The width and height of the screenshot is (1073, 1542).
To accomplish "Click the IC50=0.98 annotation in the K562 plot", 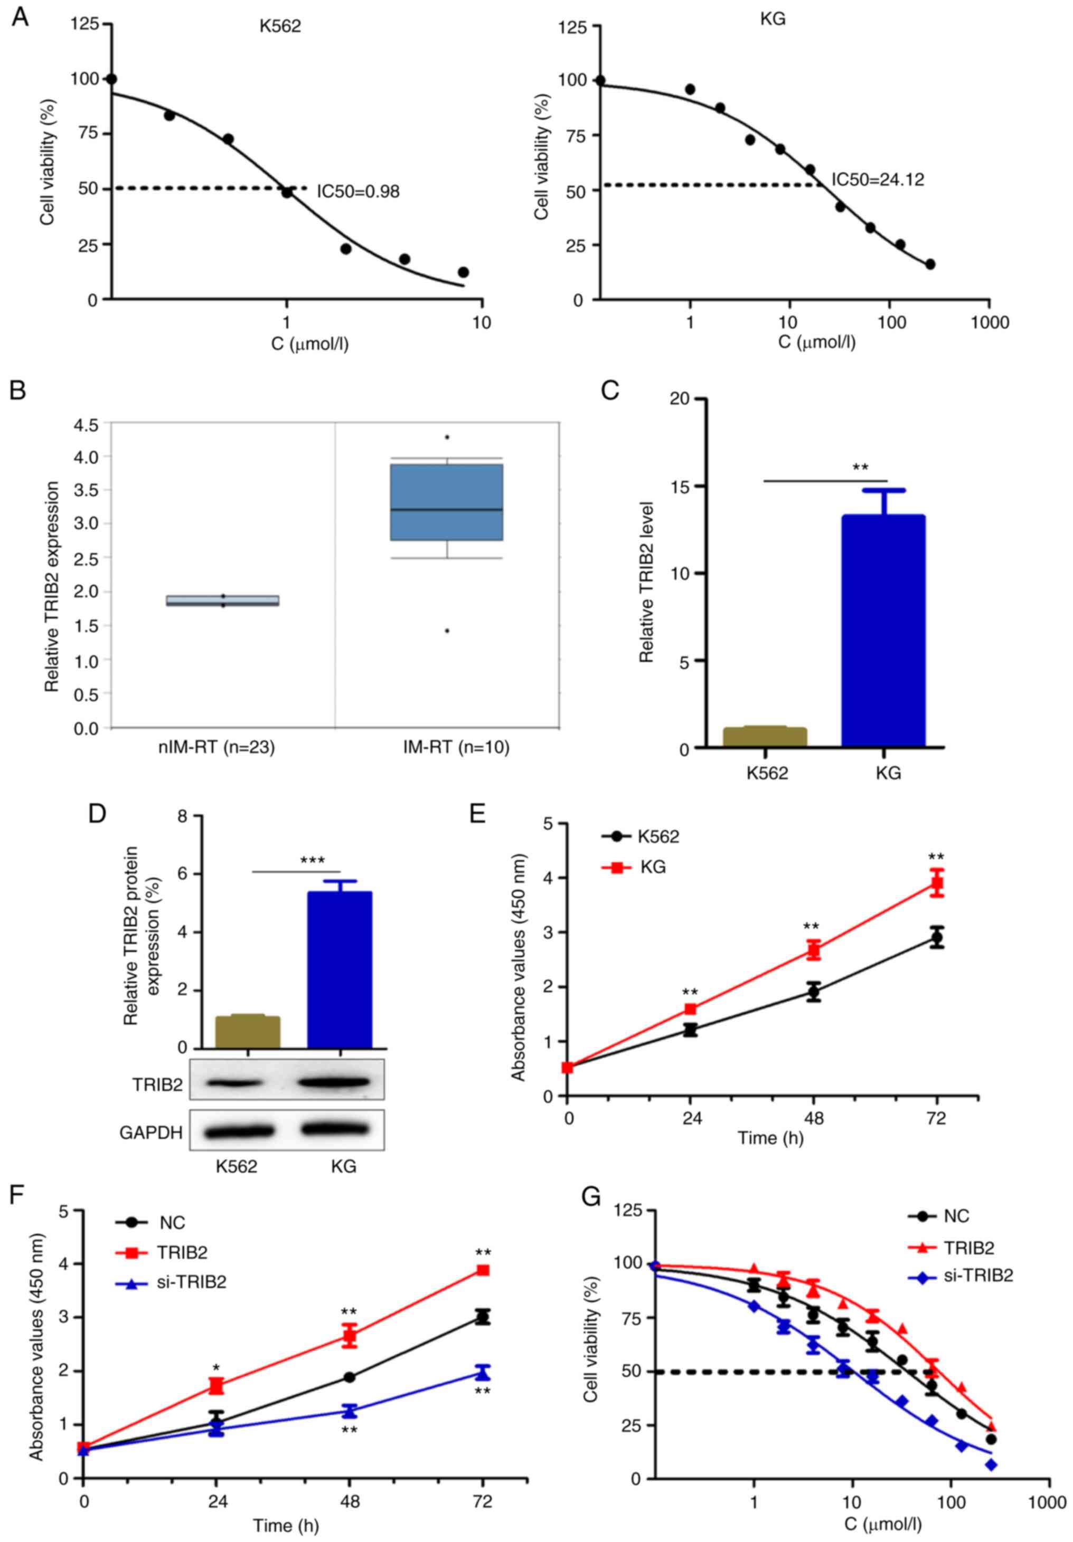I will (x=358, y=192).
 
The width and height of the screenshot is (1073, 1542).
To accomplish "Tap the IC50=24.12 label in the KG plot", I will (x=878, y=179).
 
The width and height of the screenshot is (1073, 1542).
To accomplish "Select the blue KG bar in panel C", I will (x=883, y=631).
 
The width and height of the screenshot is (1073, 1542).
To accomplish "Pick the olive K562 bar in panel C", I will (x=765, y=737).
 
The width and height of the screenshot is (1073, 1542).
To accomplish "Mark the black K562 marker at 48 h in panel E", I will (x=814, y=991).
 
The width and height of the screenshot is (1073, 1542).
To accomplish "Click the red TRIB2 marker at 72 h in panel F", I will (x=483, y=1271).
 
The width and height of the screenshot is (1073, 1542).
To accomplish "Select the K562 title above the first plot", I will (x=280, y=26).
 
